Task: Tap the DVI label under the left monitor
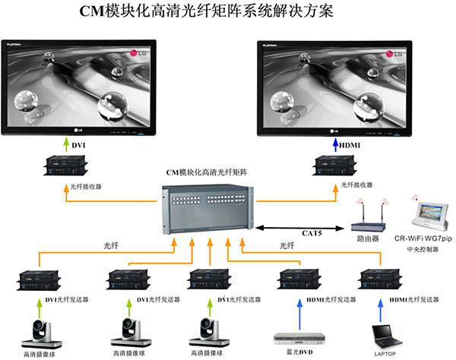[80, 145]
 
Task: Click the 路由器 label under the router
[368, 238]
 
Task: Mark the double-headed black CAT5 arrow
[304, 226]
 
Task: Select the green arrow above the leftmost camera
[38, 306]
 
